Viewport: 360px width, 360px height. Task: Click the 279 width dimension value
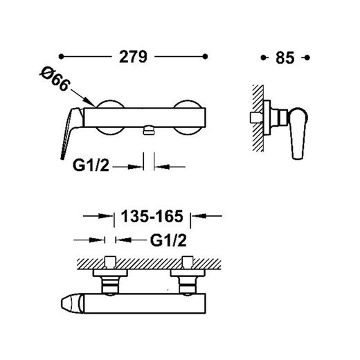pyautogui.click(x=133, y=57)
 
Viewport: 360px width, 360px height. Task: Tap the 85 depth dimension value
pyautogui.click(x=285, y=57)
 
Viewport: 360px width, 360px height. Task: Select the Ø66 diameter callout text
pyautogui.click(x=55, y=79)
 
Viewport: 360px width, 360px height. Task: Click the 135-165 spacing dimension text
pyautogui.click(x=152, y=216)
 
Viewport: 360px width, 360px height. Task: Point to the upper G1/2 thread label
pyautogui.click(x=91, y=165)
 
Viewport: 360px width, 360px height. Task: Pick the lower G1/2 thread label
pyautogui.click(x=168, y=240)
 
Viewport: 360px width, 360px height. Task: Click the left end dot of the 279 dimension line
pyautogui.click(x=61, y=56)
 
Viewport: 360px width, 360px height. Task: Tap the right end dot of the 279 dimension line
pyautogui.click(x=205, y=56)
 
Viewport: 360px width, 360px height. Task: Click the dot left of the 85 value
pyautogui.click(x=263, y=57)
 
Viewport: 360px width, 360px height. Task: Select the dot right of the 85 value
pyautogui.click(x=307, y=57)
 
